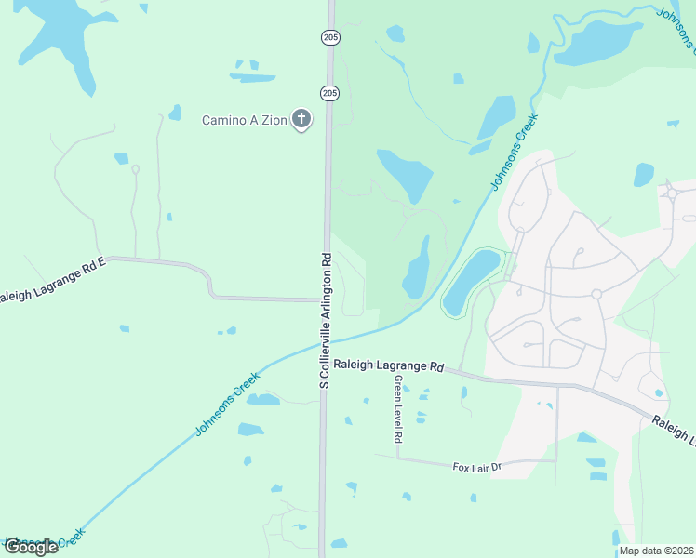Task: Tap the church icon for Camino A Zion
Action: (x=301, y=119)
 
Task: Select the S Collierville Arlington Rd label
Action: (x=325, y=319)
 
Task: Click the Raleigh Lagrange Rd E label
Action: (x=51, y=279)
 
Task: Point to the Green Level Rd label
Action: (x=397, y=409)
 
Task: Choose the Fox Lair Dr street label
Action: (x=476, y=466)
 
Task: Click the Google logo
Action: (x=30, y=546)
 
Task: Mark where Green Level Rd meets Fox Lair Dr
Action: (x=397, y=458)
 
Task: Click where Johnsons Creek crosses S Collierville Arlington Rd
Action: (x=325, y=344)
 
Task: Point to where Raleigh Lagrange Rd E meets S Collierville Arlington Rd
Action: (x=325, y=300)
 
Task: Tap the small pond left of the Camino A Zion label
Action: (x=175, y=113)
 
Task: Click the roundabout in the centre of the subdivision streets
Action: (x=596, y=294)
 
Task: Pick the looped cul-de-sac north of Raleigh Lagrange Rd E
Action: (x=135, y=169)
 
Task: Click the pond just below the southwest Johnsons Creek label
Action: (x=262, y=400)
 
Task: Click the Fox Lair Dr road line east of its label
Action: (x=530, y=460)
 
